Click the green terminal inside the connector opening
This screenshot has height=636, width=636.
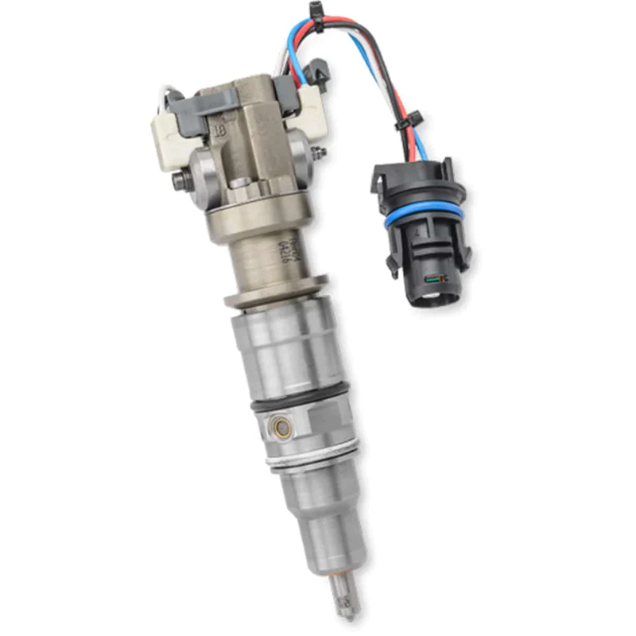point(434,279)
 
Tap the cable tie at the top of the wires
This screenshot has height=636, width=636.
point(317,17)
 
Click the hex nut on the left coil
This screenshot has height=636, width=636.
point(179,180)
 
